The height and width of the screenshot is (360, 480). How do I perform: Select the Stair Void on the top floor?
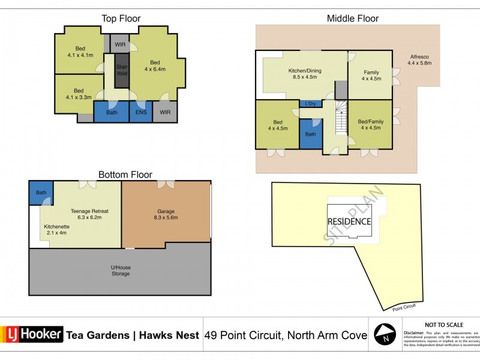(122, 71)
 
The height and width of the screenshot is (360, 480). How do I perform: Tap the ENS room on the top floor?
(140, 112)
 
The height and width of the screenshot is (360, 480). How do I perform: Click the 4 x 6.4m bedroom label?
(155, 66)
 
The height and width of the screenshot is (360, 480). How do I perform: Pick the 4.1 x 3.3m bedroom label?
(79, 94)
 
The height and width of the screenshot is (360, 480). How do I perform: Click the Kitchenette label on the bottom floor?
(57, 229)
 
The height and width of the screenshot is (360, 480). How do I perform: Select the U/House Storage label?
(119, 271)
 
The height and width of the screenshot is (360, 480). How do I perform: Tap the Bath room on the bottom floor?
(40, 193)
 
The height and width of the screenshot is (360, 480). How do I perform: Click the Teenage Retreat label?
(89, 214)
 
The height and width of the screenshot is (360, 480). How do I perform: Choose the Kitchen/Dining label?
(305, 74)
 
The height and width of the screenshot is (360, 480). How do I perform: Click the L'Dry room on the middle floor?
(310, 104)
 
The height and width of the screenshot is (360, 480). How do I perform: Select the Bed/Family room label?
(371, 125)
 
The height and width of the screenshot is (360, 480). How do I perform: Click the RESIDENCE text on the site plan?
(349, 221)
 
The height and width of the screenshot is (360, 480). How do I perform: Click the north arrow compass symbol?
(384, 334)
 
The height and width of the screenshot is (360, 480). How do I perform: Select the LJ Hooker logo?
(32, 334)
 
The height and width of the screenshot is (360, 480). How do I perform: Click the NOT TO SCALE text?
(442, 323)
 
